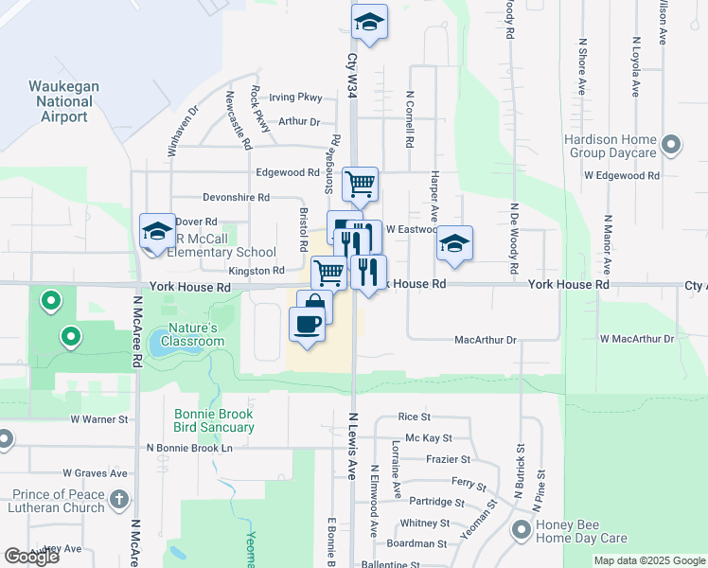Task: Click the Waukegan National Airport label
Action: [x=62, y=101]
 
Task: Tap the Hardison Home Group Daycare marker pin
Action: [x=671, y=145]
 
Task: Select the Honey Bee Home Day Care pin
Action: [x=522, y=530]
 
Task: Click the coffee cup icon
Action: [x=307, y=324]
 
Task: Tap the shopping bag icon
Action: [x=314, y=307]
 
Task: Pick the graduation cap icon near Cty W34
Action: [x=369, y=22]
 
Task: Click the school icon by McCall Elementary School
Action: [x=157, y=230]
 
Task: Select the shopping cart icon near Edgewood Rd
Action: [x=360, y=184]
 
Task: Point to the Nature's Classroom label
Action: [x=193, y=334]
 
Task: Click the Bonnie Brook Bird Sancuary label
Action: [x=214, y=420]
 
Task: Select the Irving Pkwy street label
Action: [x=295, y=98]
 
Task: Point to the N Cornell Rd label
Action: [x=410, y=118]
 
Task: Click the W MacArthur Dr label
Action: [x=636, y=338]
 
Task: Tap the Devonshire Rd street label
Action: [x=237, y=198]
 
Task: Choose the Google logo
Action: [x=31, y=557]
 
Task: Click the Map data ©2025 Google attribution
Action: [x=648, y=560]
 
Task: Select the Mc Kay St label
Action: [x=429, y=438]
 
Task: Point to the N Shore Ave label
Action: [x=582, y=66]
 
